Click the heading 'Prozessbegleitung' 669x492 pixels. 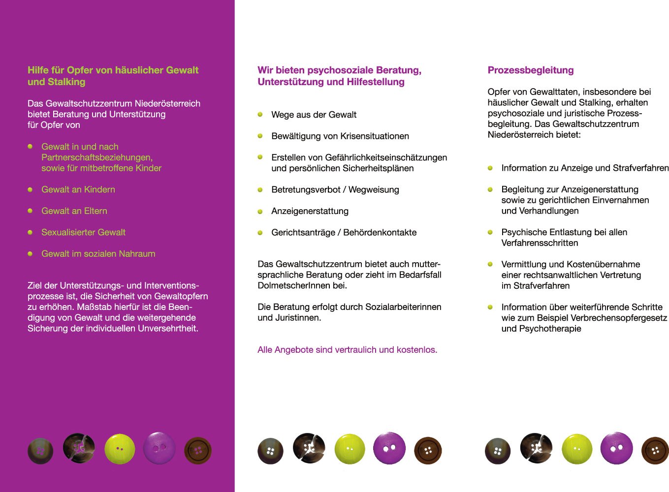(x=530, y=70)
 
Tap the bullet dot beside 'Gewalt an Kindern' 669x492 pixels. (x=30, y=189)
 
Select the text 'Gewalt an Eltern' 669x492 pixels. (x=74, y=211)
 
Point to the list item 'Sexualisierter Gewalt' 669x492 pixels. (x=83, y=232)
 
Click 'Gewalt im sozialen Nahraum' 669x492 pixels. (x=98, y=254)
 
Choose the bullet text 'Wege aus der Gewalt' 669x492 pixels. (x=314, y=115)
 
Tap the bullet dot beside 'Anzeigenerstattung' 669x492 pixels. (x=260, y=212)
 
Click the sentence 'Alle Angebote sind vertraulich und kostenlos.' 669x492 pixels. (x=347, y=350)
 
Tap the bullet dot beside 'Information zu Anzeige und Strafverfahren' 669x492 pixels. (x=490, y=168)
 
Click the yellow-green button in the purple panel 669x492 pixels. (x=120, y=449)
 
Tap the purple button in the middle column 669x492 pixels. (x=389, y=448)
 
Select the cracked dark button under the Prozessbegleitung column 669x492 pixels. (x=536, y=448)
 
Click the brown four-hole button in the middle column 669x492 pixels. (x=428, y=450)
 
